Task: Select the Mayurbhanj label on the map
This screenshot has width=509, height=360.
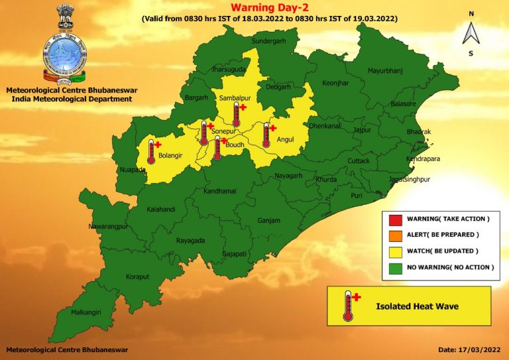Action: [385, 70]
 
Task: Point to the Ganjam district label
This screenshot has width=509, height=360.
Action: [269, 220]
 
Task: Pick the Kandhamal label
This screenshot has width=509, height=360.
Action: [219, 191]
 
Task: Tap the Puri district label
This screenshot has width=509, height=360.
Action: [357, 196]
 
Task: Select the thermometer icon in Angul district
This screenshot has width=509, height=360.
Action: [267, 135]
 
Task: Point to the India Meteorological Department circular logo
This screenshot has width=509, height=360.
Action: [64, 57]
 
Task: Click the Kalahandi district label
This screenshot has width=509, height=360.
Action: [161, 210]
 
